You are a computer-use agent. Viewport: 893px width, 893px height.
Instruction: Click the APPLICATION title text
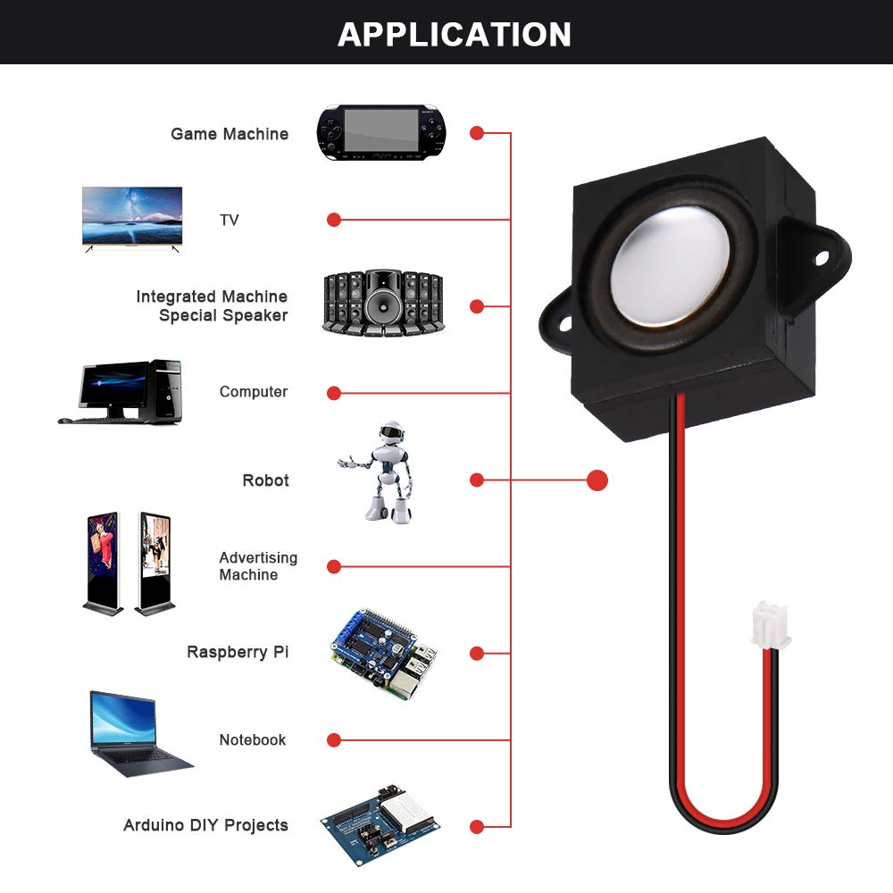(x=454, y=34)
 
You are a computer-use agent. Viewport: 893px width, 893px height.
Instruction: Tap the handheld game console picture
(x=381, y=133)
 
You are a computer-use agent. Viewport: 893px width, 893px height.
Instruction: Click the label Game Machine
(x=230, y=134)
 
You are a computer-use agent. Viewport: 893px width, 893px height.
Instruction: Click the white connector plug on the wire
(x=770, y=625)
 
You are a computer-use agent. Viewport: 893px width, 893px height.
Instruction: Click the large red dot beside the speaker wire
(x=597, y=480)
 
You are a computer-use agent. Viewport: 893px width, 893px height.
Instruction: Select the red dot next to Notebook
(x=334, y=739)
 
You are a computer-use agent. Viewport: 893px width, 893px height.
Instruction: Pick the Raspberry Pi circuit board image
(x=384, y=654)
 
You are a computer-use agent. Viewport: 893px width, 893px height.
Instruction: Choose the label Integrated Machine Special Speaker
(x=213, y=305)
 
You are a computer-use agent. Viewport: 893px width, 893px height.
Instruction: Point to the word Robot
(x=265, y=480)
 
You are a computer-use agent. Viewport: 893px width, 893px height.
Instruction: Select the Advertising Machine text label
(x=257, y=566)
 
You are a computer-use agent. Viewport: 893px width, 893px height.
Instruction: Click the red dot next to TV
(x=334, y=220)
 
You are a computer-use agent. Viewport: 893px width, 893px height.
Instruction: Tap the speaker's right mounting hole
(x=822, y=258)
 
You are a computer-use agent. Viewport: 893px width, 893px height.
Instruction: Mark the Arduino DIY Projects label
(x=205, y=825)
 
